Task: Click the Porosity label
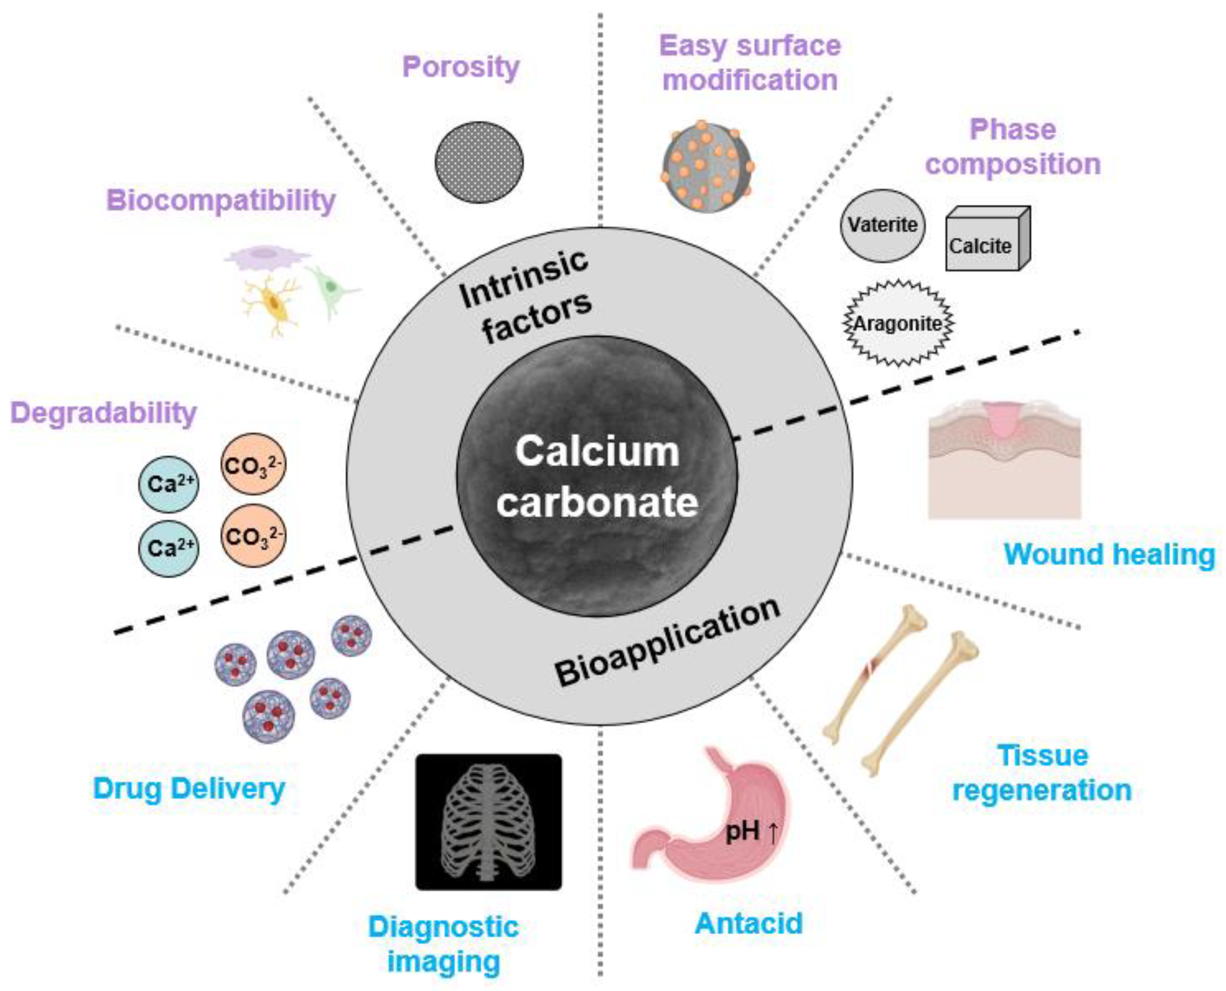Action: point(461,67)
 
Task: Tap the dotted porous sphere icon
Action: point(479,162)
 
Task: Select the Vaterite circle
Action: point(883,226)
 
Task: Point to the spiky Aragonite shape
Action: point(898,323)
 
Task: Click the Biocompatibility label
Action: point(221,201)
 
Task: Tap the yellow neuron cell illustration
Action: point(273,303)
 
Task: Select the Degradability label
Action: point(103,412)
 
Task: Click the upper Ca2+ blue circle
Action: point(169,484)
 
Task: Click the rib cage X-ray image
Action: point(489,822)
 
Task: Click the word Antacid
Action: point(748,923)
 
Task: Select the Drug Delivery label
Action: point(189,788)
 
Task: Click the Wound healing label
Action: point(1109,554)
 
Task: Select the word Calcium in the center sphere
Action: point(597,452)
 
